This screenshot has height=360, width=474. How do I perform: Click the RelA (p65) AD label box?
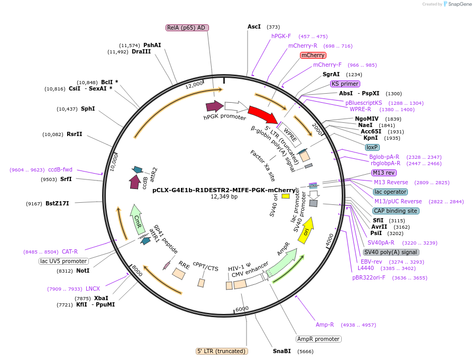[186, 28]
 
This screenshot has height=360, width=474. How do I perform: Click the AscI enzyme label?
[254, 26]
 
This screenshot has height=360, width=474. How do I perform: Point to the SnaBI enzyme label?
[282, 351]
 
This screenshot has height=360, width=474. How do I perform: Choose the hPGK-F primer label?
[281, 36]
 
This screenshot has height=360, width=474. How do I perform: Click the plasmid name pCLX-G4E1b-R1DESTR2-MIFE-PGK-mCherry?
[224, 190]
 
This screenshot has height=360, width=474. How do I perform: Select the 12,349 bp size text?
[224, 197]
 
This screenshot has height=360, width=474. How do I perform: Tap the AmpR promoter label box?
[318, 339]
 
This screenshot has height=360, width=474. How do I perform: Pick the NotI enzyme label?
[83, 271]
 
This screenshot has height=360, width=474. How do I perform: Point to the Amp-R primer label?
[325, 325]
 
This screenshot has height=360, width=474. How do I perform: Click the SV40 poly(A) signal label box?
[391, 252]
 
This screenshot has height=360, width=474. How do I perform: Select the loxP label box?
[372, 147]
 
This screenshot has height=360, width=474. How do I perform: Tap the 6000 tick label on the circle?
[242, 309]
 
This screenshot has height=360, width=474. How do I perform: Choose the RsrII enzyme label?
[75, 134]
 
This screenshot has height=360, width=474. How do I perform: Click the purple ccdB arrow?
[135, 182]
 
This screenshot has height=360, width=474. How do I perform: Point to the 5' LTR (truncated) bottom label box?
[222, 351]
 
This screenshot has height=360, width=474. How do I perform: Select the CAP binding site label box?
[396, 211]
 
